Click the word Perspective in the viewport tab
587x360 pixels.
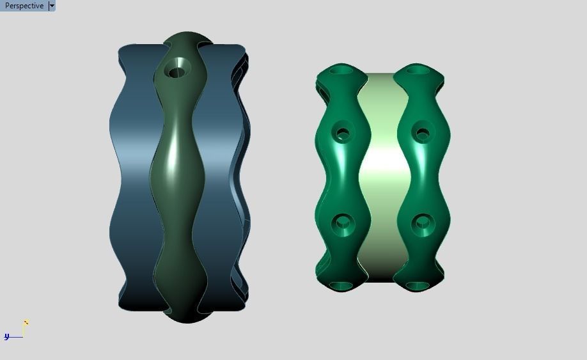tap(24, 6)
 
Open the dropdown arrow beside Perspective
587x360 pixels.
tap(52, 6)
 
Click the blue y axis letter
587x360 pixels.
tap(6, 336)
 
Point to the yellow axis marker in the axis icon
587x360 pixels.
tap(26, 323)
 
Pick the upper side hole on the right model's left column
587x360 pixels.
tap(343, 134)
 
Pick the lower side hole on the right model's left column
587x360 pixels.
tap(343, 224)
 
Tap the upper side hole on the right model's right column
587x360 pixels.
tap(422, 134)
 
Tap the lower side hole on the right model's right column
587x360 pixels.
tap(422, 224)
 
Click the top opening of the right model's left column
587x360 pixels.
tap(343, 69)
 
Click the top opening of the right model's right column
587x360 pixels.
tap(419, 69)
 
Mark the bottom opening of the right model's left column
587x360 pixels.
tap(341, 285)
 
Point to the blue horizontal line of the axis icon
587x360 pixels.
tap(15, 337)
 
